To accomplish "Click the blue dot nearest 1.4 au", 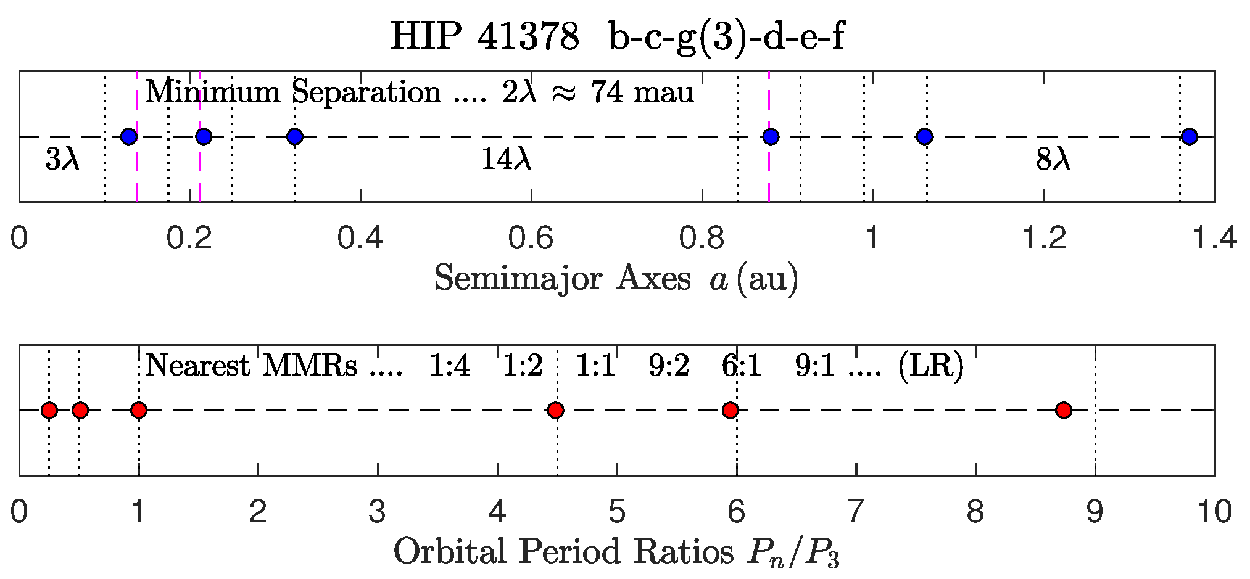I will tap(1189, 136).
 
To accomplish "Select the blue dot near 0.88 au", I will tap(770, 136).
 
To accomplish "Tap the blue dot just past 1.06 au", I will tap(924, 136).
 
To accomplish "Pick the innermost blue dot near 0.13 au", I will tap(128, 136).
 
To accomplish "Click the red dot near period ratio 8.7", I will tap(1063, 410).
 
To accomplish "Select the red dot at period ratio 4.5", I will tap(555, 410).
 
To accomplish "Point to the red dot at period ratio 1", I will tap(139, 410).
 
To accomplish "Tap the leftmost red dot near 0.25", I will tap(49, 410).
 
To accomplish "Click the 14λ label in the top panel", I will tap(505, 160).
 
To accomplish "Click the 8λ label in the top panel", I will tap(1053, 160).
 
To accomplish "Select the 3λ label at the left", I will tap(62, 160).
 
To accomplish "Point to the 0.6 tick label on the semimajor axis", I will tap(531, 238).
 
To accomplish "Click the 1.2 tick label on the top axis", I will tap(1043, 238).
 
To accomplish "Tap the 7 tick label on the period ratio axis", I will tap(855, 512).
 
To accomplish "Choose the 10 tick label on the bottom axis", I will tap(1214, 512).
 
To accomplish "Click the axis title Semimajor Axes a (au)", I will tap(616, 279).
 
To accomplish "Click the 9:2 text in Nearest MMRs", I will tap(668, 366).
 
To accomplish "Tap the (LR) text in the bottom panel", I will tap(930, 366).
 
